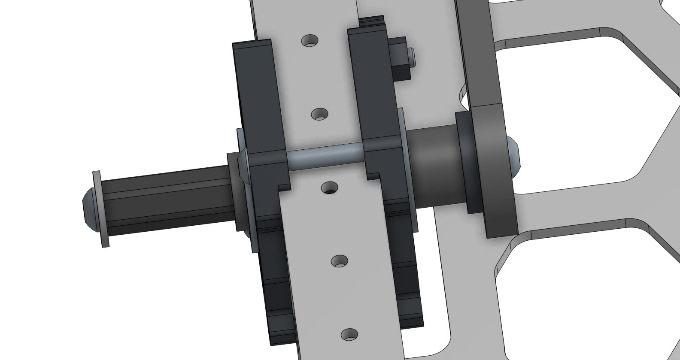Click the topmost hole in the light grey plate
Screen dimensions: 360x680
[310, 41]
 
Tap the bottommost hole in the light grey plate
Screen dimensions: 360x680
[349, 335]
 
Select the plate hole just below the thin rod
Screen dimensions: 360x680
[330, 188]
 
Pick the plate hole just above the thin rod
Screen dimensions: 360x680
[319, 114]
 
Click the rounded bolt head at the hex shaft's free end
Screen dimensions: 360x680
[88, 209]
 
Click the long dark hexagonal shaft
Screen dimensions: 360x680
[167, 202]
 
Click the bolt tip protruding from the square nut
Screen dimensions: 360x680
[411, 57]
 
